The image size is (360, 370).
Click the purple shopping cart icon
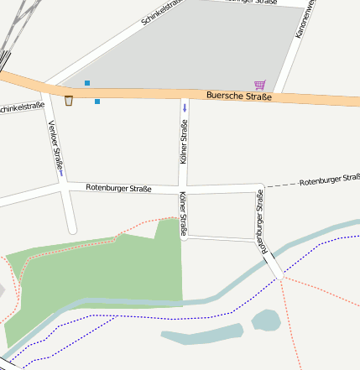tap(260, 85)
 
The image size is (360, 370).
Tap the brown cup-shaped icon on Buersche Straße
tap(69, 101)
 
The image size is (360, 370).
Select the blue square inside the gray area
tap(87, 82)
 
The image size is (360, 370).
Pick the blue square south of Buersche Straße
tap(97, 102)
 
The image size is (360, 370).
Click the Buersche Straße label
tap(238, 97)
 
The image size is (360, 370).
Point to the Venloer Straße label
tap(56, 149)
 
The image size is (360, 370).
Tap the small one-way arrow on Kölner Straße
tap(185, 108)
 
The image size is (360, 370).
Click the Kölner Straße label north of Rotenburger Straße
tap(184, 141)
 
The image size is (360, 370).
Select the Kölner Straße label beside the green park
tap(183, 213)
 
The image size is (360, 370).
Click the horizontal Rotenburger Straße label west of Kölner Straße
tap(118, 188)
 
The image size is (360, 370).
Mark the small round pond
tap(266, 320)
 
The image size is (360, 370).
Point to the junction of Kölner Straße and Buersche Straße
tap(185, 94)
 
